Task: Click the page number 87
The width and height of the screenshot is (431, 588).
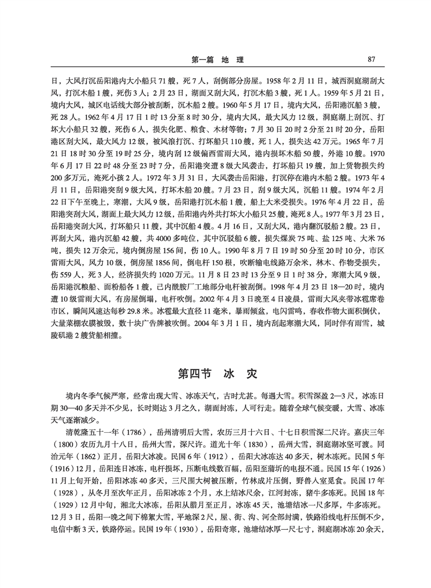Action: (x=371, y=59)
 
